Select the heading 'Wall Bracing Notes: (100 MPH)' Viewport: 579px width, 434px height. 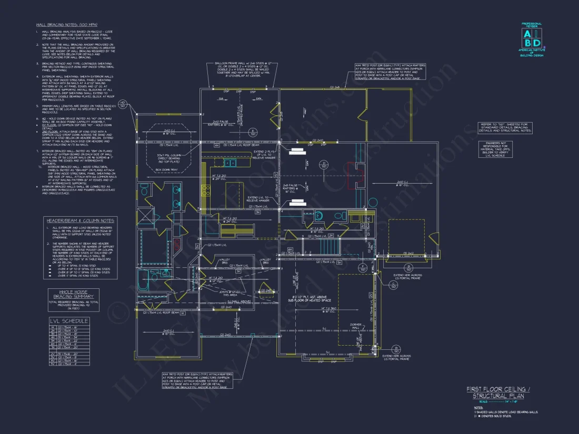coord(63,25)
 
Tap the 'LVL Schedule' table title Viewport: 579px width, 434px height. coord(68,320)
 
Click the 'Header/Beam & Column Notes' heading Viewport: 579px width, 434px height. coord(81,220)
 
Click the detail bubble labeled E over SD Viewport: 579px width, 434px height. coord(253,132)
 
